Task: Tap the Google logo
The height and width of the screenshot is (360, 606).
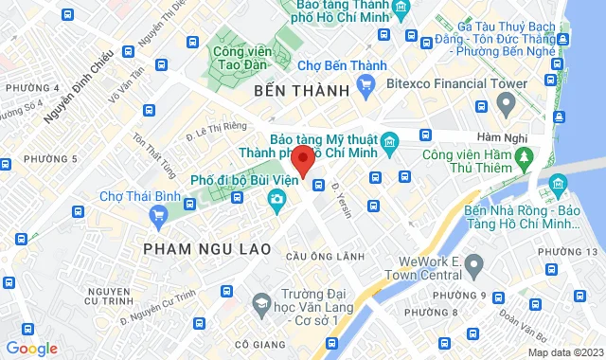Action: [31, 349]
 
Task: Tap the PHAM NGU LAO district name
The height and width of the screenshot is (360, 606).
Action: [207, 248]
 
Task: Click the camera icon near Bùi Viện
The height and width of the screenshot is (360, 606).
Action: [276, 199]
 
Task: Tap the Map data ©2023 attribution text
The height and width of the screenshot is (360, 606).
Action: [563, 352]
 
